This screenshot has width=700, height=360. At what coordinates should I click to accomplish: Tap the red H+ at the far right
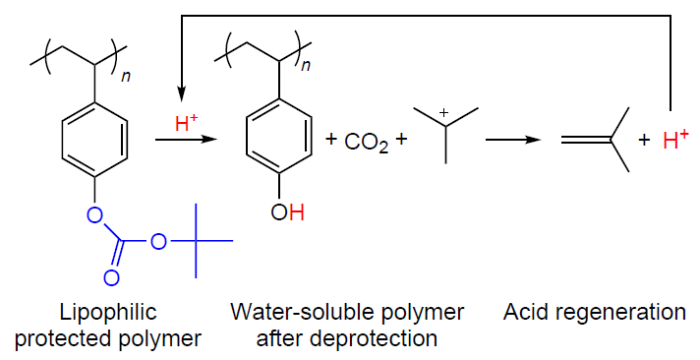coord(675,140)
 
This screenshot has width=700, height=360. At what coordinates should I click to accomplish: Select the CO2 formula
coord(367,143)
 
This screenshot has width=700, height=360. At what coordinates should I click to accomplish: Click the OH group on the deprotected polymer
coord(287,212)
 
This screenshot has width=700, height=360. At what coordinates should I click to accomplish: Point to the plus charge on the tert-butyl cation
coord(443,113)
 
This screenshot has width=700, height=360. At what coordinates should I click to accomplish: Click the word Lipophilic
coord(108,312)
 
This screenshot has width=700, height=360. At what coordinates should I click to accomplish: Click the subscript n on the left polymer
coord(126,77)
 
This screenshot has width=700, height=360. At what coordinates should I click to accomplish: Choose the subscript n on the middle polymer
coord(307,66)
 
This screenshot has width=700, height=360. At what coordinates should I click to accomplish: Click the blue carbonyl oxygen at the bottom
coord(111,278)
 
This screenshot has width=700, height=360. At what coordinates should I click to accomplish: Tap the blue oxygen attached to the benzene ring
coord(94,215)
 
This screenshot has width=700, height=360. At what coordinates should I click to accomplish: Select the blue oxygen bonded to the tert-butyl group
coord(158,242)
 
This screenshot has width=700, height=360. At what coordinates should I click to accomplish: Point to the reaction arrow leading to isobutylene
coord(513,140)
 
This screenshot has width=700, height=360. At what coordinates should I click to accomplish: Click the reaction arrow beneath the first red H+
coord(186,140)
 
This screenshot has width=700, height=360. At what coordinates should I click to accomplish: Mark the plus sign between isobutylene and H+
coord(644,141)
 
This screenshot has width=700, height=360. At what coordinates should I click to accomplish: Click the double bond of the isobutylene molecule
coord(586,140)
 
